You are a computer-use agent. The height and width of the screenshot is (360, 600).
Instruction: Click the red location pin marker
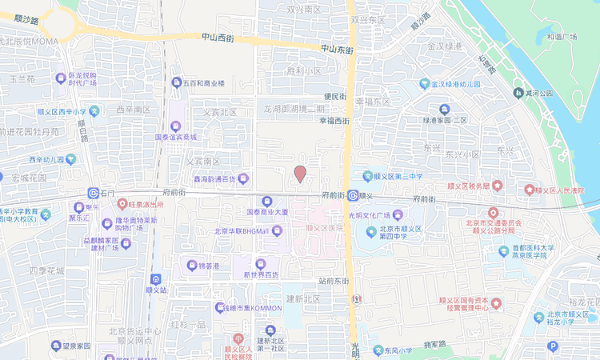pyautogui.click(x=300, y=174)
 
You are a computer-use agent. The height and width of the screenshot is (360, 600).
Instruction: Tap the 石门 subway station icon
pyautogui.click(x=94, y=194)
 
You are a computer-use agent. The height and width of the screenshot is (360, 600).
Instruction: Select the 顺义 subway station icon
pyautogui.click(x=353, y=194)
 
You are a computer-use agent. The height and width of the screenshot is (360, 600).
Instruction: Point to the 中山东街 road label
pyautogui.click(x=338, y=49)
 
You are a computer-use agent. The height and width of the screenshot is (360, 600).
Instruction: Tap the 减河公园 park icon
pyautogui.click(x=518, y=94)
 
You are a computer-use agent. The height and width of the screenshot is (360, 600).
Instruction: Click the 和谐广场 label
pyautogui.click(x=562, y=36)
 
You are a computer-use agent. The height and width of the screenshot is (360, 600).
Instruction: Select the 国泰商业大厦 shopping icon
pyautogui.click(x=267, y=201)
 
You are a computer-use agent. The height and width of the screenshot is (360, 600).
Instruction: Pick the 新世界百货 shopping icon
pyautogui.click(x=260, y=263)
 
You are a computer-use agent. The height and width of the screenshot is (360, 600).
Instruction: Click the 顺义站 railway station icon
pyautogui.click(x=154, y=279)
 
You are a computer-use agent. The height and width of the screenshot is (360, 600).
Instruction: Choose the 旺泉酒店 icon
pyautogui.click(x=122, y=204)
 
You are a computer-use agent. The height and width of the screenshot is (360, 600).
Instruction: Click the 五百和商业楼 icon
pyautogui.click(x=177, y=82)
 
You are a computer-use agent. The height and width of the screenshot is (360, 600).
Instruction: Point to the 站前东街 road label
pyautogui.click(x=334, y=280)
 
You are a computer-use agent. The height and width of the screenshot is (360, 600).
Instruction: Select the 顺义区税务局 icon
pyautogui.click(x=497, y=186)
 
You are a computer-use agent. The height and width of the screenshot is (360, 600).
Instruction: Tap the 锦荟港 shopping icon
pyautogui.click(x=191, y=265)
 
